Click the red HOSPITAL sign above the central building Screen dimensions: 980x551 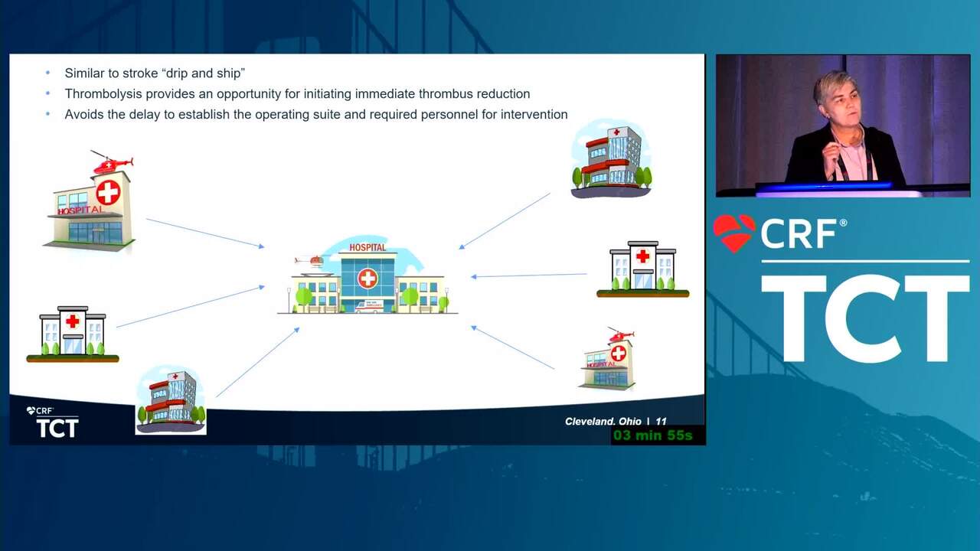[367, 247]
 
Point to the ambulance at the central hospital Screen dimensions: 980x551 [369, 306]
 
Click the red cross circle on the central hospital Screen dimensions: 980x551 [367, 279]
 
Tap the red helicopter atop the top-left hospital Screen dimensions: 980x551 [112, 163]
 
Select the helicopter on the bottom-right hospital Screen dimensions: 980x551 [621, 335]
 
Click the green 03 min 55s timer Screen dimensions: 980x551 [653, 435]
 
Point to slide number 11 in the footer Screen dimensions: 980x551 [661, 422]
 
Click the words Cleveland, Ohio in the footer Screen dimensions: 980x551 [603, 422]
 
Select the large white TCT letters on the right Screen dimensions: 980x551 [865, 319]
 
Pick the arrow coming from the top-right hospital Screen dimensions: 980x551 [505, 221]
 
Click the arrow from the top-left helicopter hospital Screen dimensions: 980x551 [205, 233]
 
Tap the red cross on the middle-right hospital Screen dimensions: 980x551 [642, 256]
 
